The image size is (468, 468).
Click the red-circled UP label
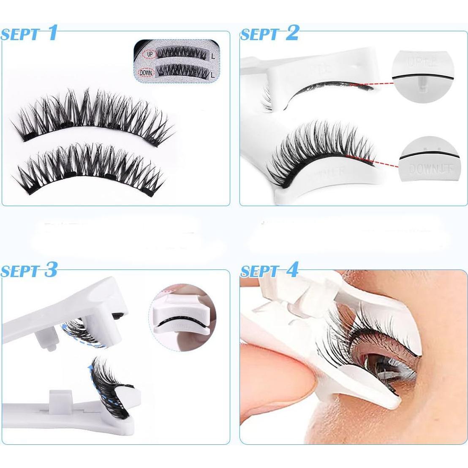[149, 54]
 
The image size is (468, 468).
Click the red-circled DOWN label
[146, 73]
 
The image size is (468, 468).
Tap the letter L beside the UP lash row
[213, 55]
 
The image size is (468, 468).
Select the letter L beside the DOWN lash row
[213, 74]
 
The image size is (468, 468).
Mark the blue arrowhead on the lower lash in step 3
[90, 367]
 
